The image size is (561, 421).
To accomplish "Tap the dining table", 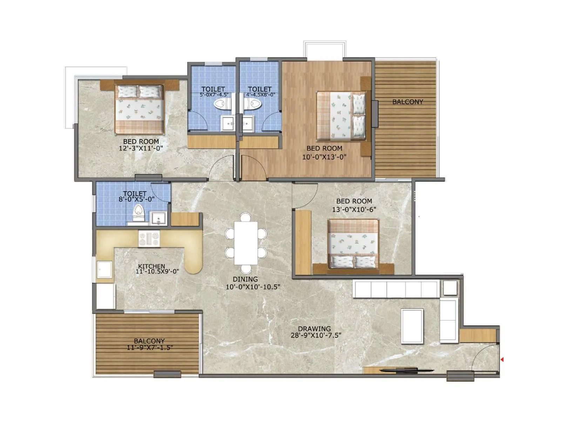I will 246,243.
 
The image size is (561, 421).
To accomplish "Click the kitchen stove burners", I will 149,239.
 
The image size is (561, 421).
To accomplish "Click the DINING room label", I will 245,279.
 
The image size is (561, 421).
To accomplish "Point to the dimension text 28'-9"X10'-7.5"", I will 316,335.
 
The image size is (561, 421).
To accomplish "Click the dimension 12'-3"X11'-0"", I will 141,148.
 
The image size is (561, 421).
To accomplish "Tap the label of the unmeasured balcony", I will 407,102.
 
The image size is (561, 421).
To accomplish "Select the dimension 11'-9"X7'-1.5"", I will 150,348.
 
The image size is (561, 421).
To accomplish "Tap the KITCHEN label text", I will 151,266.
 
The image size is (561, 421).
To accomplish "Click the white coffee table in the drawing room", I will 412,325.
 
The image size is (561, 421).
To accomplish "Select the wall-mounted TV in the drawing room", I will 407,370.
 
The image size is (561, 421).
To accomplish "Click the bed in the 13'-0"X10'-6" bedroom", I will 353,245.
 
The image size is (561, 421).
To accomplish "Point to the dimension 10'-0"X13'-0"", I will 324,157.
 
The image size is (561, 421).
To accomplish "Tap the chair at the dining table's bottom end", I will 246,269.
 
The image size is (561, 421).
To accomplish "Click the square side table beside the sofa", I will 450,288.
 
